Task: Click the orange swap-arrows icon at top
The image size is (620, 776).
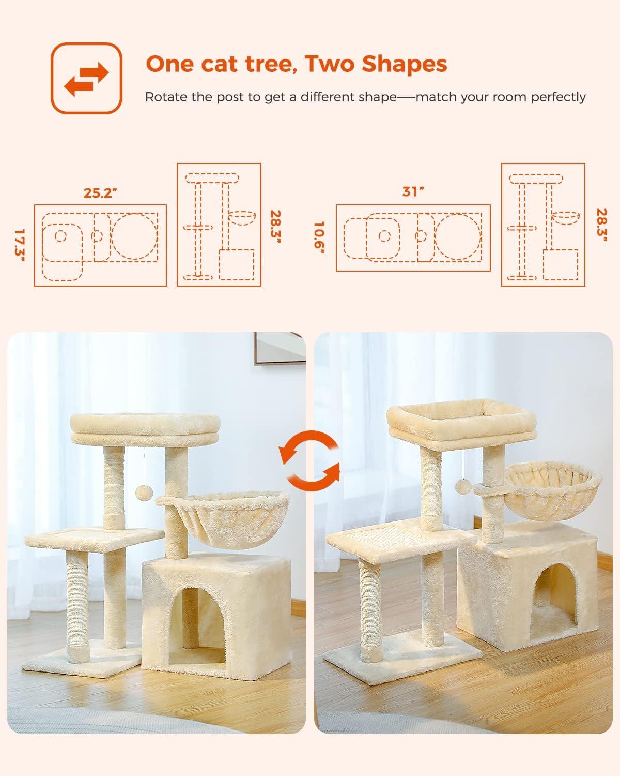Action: [86, 78]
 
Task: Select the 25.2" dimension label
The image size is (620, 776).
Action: [100, 193]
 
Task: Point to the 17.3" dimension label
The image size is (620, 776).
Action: [20, 245]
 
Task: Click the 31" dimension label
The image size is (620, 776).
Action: [413, 191]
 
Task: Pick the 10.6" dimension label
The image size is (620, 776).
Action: [320, 238]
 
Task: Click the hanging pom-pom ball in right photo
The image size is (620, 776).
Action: [462, 485]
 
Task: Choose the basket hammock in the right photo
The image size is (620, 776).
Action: [553, 491]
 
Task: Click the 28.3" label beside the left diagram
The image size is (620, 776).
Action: [275, 228]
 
